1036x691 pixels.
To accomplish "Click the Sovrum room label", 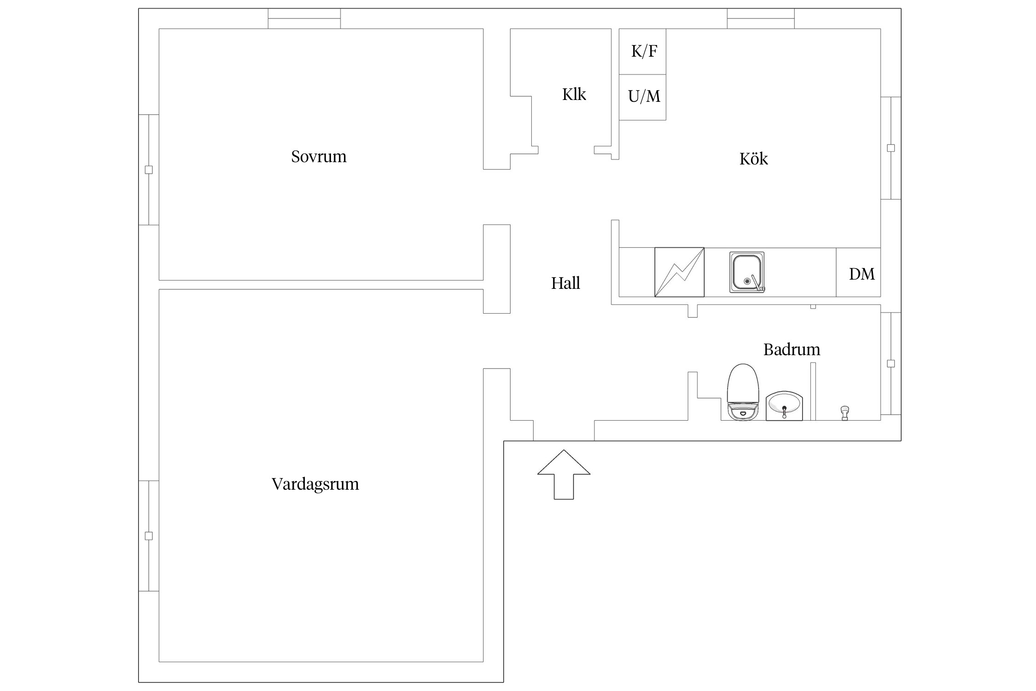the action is pos(319,157).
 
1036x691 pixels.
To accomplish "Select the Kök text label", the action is pos(754,158).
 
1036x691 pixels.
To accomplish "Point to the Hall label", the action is pos(565,283).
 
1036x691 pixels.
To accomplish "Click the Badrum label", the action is pos(792,350).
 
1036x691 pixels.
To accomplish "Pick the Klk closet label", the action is pos(574,94).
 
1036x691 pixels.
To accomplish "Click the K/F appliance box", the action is pos(642,52).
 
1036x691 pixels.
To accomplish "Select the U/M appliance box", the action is pos(642,97).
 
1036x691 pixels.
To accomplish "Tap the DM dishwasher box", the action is pos(858,272).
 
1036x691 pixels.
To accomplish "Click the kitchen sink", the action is pos(747,272).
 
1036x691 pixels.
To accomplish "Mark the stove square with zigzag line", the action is pos(679,272).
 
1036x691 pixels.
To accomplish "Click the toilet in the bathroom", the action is pos(743,392).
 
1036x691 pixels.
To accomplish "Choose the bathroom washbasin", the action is pos(784,406).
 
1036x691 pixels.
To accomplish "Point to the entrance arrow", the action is pos(564,474).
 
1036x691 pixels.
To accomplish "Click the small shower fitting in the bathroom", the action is pos(844,413).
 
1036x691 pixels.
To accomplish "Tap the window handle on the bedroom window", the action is pos(149,170).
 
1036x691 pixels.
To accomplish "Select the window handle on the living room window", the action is pos(149,536).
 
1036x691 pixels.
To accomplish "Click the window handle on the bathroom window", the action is pos(891,363).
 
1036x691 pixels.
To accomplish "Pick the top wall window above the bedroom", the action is pos(304,18).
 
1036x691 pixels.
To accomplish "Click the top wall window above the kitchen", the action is pos(761,18).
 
